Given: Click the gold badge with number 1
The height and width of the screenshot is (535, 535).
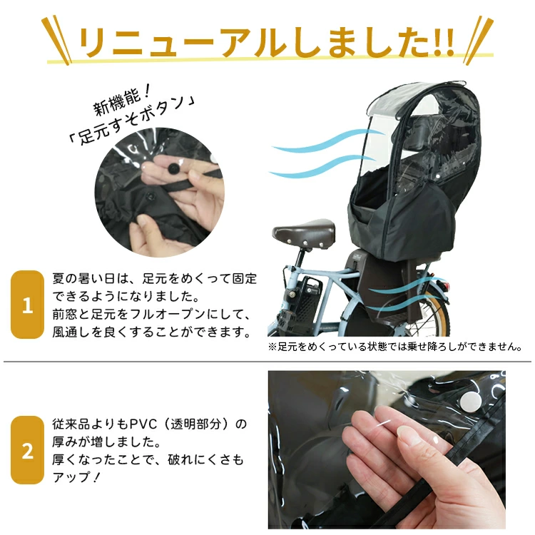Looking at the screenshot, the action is [27, 305].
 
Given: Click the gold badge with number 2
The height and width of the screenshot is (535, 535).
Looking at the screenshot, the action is [27, 450].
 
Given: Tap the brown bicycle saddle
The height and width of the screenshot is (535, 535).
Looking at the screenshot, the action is [304, 232].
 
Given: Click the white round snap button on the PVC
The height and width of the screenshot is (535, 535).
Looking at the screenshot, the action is [471, 402].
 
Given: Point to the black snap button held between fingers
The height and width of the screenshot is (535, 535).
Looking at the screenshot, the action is [173, 168].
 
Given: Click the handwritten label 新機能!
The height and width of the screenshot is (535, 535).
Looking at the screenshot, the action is [122, 100].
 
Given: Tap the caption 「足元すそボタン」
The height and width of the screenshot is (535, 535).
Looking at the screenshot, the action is [132, 121].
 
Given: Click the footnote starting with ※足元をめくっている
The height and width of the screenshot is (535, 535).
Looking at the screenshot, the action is [395, 347].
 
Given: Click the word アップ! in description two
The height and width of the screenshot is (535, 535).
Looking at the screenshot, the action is [76, 477].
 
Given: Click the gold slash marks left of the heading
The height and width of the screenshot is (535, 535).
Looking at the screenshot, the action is [56, 39].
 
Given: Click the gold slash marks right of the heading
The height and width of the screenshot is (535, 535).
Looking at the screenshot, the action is [478, 39].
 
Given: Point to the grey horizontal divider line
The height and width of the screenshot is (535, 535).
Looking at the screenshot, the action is [267, 361].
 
